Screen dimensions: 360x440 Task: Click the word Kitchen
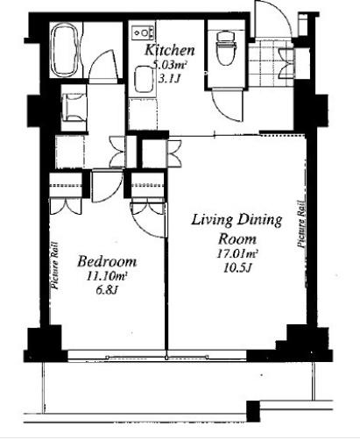point(169,50)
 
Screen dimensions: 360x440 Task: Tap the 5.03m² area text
point(170,65)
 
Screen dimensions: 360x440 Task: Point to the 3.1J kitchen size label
point(168,78)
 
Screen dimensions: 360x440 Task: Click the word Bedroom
point(107,261)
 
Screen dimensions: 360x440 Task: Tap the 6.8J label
point(107,290)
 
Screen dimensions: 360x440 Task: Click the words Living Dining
point(236,221)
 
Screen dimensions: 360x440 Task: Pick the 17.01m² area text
point(237,253)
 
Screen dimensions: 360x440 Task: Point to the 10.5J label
point(237,267)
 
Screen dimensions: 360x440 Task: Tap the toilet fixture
point(226,47)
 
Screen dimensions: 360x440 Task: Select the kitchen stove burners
point(143,32)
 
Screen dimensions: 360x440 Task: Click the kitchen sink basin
point(144,80)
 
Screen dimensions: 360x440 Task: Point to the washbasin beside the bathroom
point(74,107)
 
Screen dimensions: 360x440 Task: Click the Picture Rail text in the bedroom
point(54,266)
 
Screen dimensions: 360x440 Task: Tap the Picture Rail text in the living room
point(302,224)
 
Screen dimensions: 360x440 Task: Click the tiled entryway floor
point(271,63)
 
